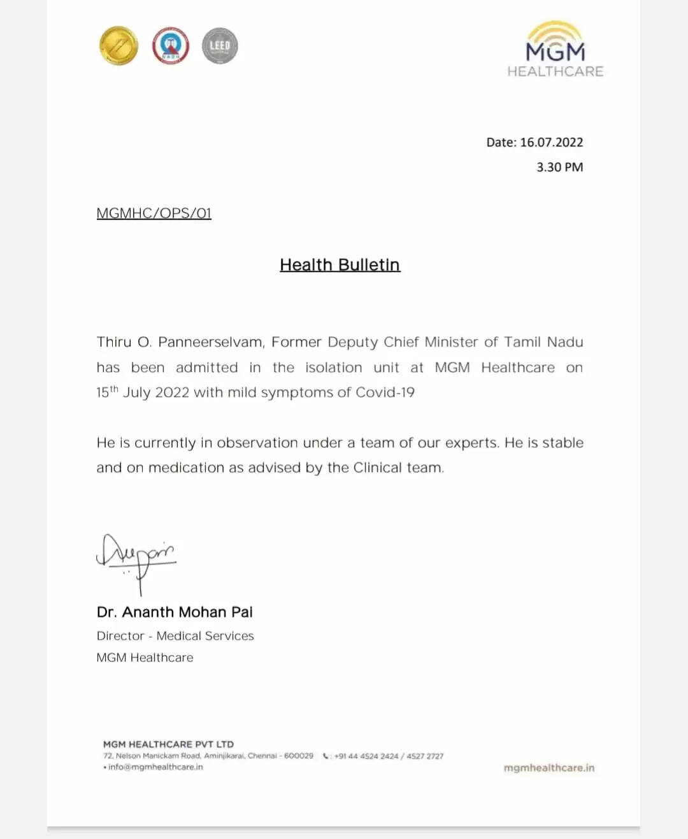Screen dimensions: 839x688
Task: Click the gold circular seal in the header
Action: [118, 45]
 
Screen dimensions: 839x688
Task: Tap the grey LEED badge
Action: [220, 46]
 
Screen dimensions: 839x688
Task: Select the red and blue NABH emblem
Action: [170, 45]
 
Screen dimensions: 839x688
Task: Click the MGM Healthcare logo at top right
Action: [555, 51]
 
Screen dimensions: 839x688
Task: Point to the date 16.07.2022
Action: [551, 142]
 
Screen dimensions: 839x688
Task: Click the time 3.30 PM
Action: [559, 167]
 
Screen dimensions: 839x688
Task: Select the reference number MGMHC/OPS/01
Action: [154, 213]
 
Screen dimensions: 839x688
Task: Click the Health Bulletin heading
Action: [340, 264]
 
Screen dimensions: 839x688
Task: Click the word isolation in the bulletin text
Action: [333, 368]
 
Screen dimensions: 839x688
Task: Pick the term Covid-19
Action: [385, 392]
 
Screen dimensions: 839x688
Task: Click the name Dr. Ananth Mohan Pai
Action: [175, 612]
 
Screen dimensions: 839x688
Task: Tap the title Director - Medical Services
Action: [175, 636]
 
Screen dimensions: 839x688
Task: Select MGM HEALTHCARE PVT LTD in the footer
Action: [168, 744]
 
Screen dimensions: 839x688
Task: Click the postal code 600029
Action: [299, 756]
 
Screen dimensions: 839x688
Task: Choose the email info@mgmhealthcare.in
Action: [155, 767]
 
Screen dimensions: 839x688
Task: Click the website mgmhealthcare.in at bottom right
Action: [548, 768]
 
